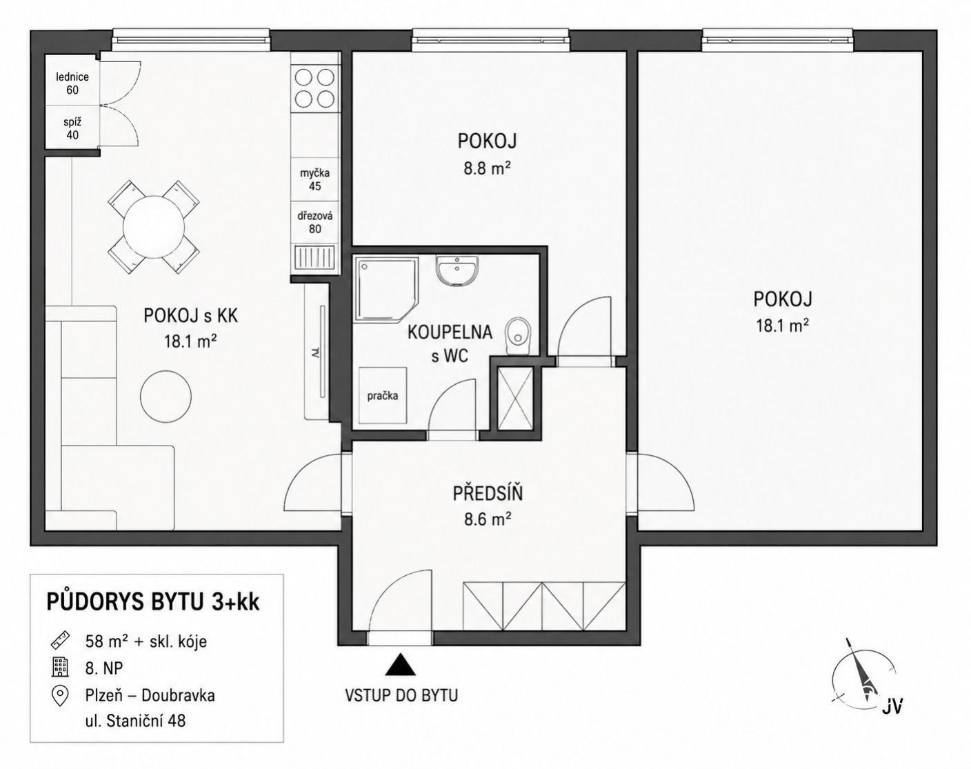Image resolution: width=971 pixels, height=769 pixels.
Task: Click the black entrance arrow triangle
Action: (400, 665)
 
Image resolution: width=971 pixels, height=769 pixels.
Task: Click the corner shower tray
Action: (386, 289)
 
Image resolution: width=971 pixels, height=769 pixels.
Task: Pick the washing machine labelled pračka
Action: (383, 395)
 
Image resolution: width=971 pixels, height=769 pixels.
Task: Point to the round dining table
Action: (154, 226)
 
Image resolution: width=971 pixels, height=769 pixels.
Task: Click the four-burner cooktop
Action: (315, 88)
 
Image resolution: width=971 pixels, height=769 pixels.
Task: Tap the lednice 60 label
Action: (72, 83)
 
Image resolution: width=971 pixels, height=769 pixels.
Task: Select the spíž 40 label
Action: (72, 128)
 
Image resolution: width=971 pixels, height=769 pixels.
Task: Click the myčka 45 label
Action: (315, 179)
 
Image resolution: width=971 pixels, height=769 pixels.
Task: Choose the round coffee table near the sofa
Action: (166, 397)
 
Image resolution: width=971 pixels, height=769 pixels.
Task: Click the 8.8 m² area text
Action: (487, 169)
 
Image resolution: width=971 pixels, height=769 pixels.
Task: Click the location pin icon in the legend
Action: (60, 695)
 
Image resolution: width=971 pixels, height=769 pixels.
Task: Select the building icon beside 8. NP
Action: (61, 667)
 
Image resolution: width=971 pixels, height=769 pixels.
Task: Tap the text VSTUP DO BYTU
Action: (401, 695)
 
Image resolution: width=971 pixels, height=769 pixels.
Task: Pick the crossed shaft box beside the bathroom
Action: (515, 397)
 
